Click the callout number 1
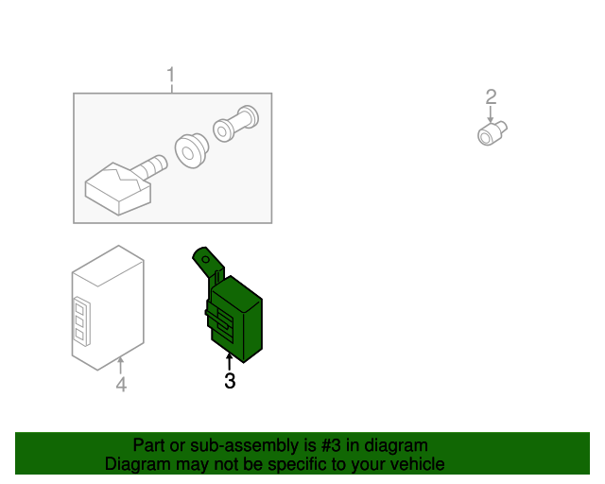(x=171, y=75)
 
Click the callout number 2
(x=491, y=96)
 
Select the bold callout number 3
(x=230, y=381)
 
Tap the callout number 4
(x=121, y=385)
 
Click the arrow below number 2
(x=491, y=114)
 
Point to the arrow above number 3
(x=230, y=362)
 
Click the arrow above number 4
(x=121, y=366)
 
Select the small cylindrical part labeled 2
(x=492, y=133)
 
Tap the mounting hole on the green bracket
(x=206, y=259)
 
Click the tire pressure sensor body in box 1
(x=117, y=189)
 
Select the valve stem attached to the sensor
(x=151, y=166)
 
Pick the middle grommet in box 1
(x=191, y=150)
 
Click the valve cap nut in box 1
(x=235, y=124)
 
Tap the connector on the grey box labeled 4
(x=81, y=320)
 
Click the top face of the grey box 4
(x=108, y=266)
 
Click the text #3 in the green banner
(x=331, y=445)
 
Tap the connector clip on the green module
(x=221, y=319)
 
